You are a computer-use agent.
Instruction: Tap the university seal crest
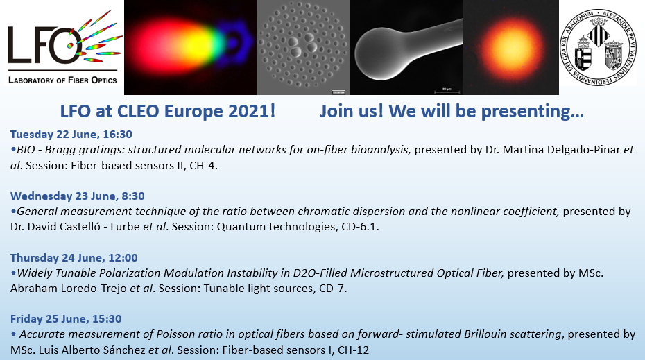point(599,48)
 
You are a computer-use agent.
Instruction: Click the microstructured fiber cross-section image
point(303,47)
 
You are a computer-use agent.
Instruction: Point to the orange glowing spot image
point(511,47)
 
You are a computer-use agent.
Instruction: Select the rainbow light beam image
point(191,47)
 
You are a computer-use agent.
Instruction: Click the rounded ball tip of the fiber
point(377,53)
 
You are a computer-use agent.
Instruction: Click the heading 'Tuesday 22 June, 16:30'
point(71,134)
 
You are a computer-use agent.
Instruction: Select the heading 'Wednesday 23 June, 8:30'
point(78,196)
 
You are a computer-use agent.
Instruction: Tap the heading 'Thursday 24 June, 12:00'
point(74,257)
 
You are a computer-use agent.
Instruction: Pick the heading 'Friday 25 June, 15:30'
point(66,319)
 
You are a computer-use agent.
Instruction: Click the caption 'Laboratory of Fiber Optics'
point(62,80)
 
